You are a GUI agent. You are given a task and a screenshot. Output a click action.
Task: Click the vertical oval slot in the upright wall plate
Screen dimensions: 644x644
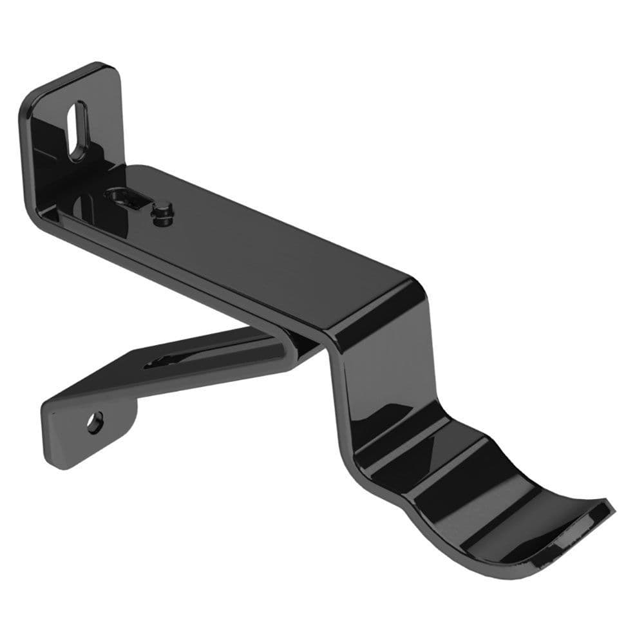click(78, 131)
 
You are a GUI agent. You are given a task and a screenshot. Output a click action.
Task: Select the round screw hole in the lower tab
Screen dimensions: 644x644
click(95, 423)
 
